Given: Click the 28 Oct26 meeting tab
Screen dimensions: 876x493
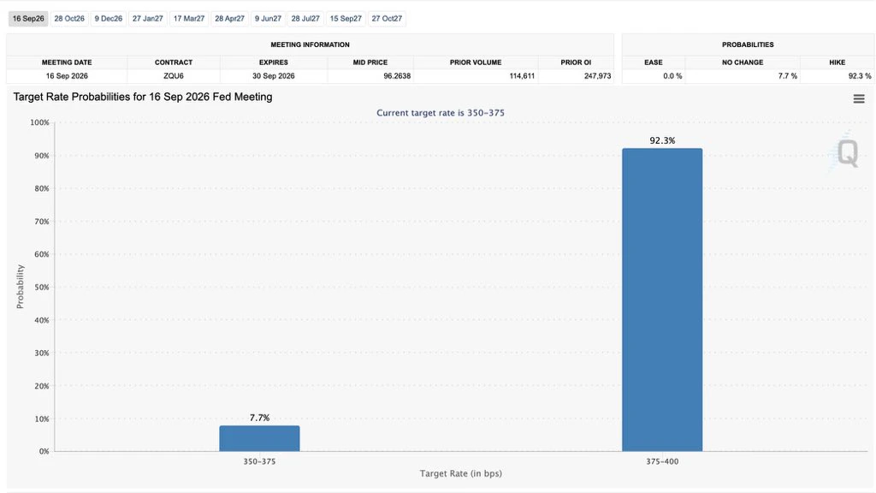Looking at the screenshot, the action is coord(69,19).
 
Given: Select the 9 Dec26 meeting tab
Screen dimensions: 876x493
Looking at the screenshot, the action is coord(109,19).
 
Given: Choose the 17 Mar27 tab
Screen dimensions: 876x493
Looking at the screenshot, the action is coord(189,19).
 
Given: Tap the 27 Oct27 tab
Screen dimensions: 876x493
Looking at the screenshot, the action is coord(387,19).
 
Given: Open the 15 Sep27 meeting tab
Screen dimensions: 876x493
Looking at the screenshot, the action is coord(346,19).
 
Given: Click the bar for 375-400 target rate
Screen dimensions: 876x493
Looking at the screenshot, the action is coord(662,300).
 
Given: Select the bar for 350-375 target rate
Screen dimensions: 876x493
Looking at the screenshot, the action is coord(259,438).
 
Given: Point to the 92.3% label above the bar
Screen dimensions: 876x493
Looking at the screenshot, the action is coord(662,140).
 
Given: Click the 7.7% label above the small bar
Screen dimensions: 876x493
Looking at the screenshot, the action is coord(259,418).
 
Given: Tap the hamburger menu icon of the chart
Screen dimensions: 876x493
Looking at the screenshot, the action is coord(859,99).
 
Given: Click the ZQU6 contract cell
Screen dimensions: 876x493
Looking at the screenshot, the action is coord(173,76).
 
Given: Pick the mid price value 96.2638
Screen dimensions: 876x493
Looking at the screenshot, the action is coord(397,76).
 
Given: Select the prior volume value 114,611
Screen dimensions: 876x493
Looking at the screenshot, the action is coord(522,76).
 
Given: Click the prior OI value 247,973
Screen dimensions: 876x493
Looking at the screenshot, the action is coord(597,76).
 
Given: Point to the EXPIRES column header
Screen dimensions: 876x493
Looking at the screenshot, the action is coord(273,62).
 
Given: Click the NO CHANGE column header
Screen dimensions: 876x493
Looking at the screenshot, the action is coord(742,62).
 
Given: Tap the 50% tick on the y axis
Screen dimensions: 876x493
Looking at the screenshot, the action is coord(41,288).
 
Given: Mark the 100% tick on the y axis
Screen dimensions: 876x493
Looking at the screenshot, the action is coord(39,122).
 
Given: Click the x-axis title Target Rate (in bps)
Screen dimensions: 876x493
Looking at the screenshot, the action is coord(461,473).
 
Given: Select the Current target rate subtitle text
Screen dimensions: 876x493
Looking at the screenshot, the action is coord(441,113).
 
